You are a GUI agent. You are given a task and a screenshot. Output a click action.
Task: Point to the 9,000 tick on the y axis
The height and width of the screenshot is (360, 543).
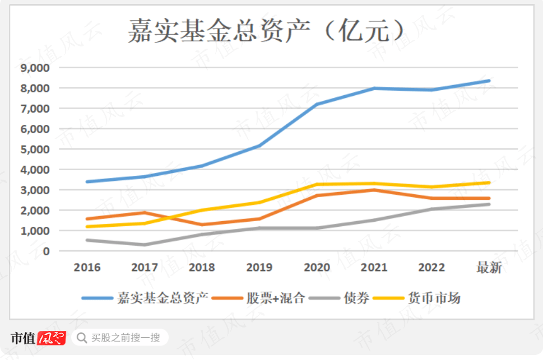click(x=35, y=68)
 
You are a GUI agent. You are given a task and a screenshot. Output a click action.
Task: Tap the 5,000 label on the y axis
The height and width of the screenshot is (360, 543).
click(x=35, y=149)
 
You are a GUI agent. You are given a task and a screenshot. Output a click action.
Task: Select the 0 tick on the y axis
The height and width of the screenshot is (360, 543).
click(x=47, y=251)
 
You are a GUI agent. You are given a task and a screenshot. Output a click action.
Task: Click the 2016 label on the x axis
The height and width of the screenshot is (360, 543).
click(x=87, y=268)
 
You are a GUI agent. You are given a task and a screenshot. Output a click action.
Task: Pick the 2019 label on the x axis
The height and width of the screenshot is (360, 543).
click(x=259, y=268)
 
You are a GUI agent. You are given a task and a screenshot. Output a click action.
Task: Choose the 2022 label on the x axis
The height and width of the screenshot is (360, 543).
click(x=431, y=268)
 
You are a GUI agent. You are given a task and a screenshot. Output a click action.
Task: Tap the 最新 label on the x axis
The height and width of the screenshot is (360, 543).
click(x=489, y=268)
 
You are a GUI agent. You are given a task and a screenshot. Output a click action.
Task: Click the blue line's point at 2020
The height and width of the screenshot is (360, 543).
click(x=317, y=104)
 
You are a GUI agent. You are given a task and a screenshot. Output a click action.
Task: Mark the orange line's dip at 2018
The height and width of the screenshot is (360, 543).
click(x=202, y=225)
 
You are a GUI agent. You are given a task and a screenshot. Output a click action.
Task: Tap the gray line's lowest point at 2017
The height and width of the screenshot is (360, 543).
click(x=145, y=245)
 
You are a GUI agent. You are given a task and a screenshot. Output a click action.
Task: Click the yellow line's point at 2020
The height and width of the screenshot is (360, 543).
click(x=317, y=184)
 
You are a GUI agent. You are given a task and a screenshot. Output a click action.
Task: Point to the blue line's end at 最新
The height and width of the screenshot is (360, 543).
click(x=489, y=81)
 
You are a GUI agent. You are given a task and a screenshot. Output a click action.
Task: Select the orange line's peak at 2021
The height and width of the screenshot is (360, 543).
click(x=374, y=190)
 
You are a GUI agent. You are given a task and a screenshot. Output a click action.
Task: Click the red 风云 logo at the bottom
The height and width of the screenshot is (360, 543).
click(x=52, y=338)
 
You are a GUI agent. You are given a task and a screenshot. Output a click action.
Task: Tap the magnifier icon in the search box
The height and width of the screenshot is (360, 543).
click(x=82, y=338)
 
